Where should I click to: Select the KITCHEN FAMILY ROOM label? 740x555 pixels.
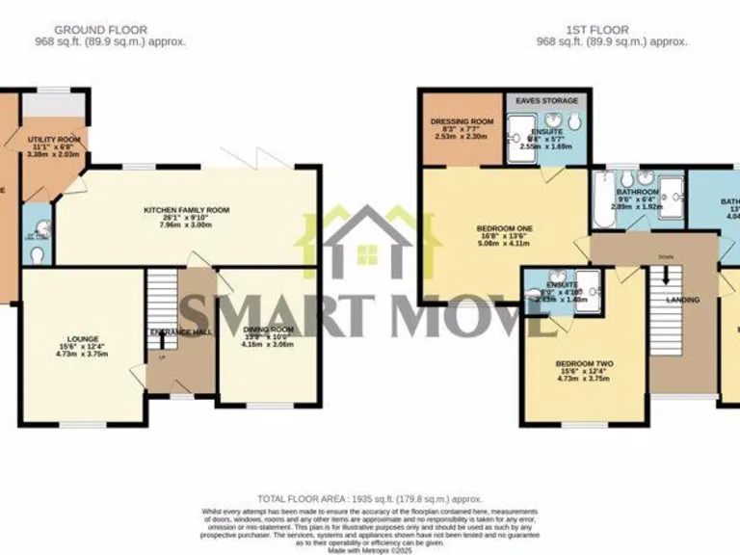tap(187, 209)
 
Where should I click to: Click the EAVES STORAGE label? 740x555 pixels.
tap(546, 100)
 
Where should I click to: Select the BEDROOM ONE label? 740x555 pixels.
tap(504, 228)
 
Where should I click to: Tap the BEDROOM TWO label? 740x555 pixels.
tap(584, 363)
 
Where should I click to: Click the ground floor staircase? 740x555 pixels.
tap(162, 298)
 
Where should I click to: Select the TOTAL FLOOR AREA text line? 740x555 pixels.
tap(370, 499)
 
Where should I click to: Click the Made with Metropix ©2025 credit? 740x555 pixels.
tap(370, 548)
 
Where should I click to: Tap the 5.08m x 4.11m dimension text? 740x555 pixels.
tap(504, 243)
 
